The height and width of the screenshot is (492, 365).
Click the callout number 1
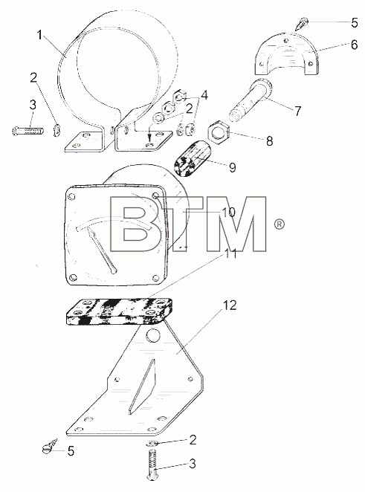click(39, 35)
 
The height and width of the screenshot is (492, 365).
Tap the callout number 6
click(354, 45)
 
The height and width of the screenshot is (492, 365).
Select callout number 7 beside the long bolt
click(297, 111)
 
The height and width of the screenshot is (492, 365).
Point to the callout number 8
click(270, 141)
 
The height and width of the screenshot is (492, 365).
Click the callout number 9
click(232, 167)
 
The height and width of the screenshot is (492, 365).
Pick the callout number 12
click(230, 305)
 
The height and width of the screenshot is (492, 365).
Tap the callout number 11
click(230, 254)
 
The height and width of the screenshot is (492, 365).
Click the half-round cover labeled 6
click(286, 54)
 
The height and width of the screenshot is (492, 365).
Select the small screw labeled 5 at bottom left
click(50, 446)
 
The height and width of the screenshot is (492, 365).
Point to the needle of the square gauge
click(103, 250)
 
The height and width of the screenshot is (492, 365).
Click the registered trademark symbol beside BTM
click(279, 224)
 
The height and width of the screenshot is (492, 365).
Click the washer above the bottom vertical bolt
click(152, 443)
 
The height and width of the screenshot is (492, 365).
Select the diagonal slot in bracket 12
click(141, 386)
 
